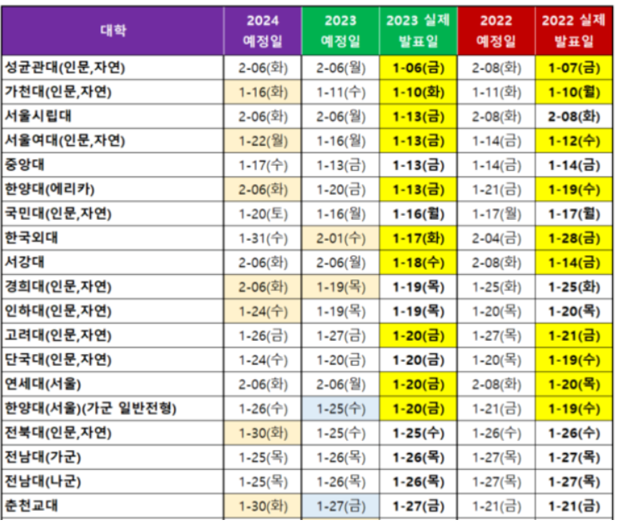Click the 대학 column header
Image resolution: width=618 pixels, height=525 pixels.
pos(113,31)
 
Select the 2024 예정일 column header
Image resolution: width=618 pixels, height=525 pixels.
pos(263,31)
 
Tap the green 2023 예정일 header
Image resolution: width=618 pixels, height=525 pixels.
pos(339,31)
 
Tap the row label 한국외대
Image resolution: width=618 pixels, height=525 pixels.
pos(32,237)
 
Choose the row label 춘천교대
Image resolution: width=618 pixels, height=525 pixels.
pos(32,506)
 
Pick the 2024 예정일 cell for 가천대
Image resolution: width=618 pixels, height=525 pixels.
pos(263,92)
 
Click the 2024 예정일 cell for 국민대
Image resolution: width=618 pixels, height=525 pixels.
pos(263,213)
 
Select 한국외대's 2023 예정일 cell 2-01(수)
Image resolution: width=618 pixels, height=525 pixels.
pos(339,238)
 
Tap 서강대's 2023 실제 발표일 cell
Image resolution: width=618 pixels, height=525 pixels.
pos(418,262)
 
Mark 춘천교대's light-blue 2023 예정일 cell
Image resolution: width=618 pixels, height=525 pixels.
pos(339,506)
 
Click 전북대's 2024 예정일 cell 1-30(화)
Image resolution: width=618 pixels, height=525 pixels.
pos(263,433)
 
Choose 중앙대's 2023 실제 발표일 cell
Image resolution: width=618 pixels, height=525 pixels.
pos(418,165)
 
